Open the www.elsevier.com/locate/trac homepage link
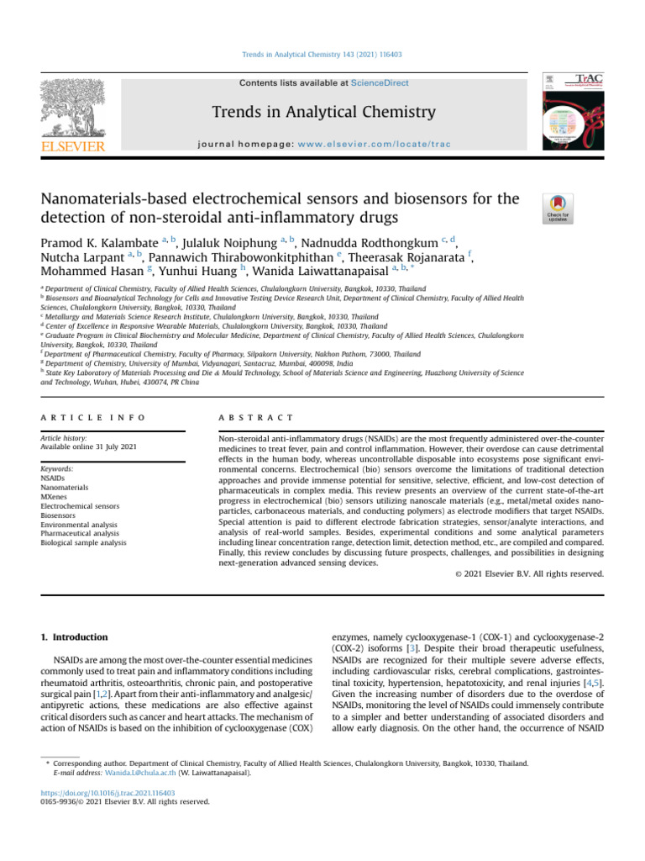click(383, 144)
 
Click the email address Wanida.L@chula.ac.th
click(124, 771)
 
